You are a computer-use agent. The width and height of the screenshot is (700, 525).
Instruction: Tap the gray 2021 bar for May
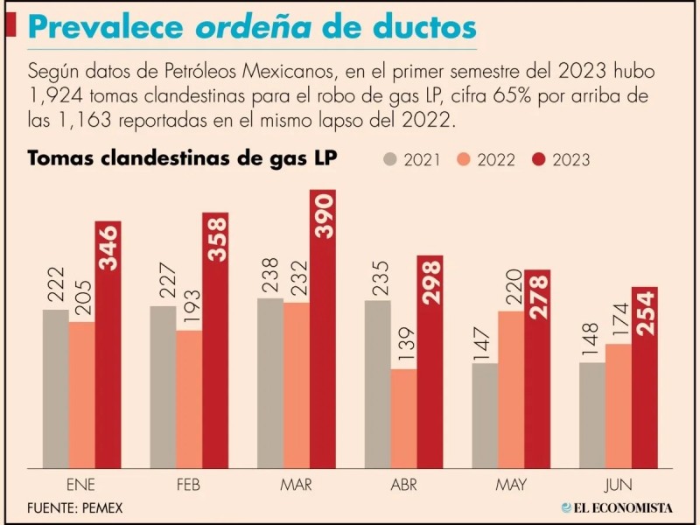coord(484,415)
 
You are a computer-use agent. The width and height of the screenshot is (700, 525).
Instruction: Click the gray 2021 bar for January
coord(55,388)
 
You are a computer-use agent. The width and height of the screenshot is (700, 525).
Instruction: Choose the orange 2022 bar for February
coord(189,399)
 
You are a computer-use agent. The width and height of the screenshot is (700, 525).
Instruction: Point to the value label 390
coord(323,213)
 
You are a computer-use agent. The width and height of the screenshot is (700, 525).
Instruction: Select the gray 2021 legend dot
coord(390,159)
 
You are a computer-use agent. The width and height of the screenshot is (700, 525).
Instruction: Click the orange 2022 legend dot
coord(465,159)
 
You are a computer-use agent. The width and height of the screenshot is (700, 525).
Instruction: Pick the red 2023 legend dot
coord(540,159)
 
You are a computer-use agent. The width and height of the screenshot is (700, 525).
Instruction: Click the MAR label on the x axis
coord(297,482)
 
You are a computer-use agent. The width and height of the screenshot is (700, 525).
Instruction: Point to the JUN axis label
coord(618,482)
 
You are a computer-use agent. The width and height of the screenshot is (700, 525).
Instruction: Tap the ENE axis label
coord(81,482)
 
